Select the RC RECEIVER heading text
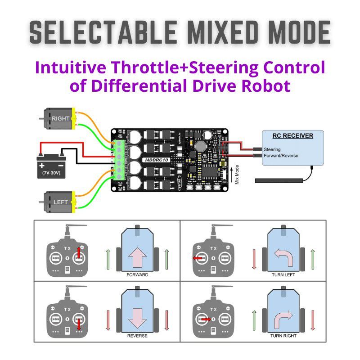coord(292,135)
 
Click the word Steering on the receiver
coord(272,149)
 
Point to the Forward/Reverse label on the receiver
coord(281,156)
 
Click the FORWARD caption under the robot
coord(137,274)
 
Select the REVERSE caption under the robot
coord(137,336)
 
